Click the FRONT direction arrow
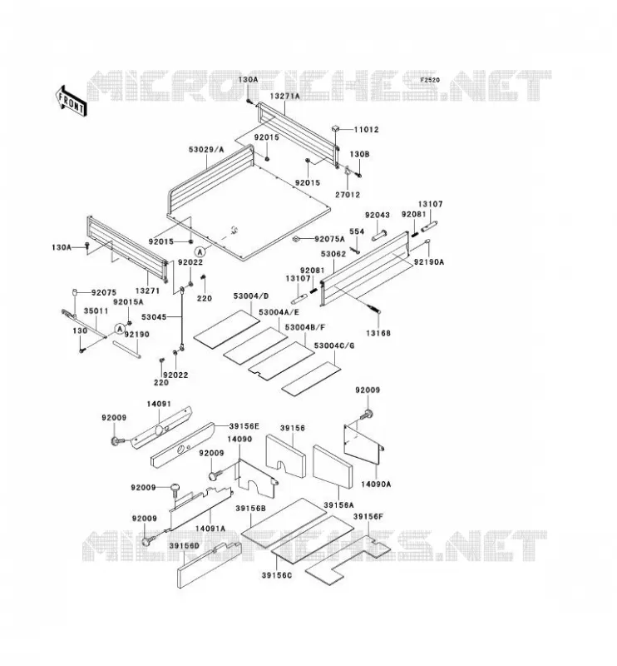click(71, 102)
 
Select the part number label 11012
click(366, 130)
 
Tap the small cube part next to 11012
click(336, 129)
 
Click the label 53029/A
click(206, 150)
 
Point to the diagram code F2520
click(430, 80)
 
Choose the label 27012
click(348, 195)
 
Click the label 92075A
click(330, 239)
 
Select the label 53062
click(333, 254)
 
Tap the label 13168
click(378, 334)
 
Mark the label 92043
click(378, 215)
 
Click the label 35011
click(96, 311)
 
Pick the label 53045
click(154, 317)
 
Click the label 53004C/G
click(334, 345)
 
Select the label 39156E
click(244, 426)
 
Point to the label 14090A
click(376, 484)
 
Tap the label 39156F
click(368, 516)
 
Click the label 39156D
click(184, 546)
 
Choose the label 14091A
click(210, 529)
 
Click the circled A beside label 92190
click(120, 328)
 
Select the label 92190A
click(428, 262)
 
